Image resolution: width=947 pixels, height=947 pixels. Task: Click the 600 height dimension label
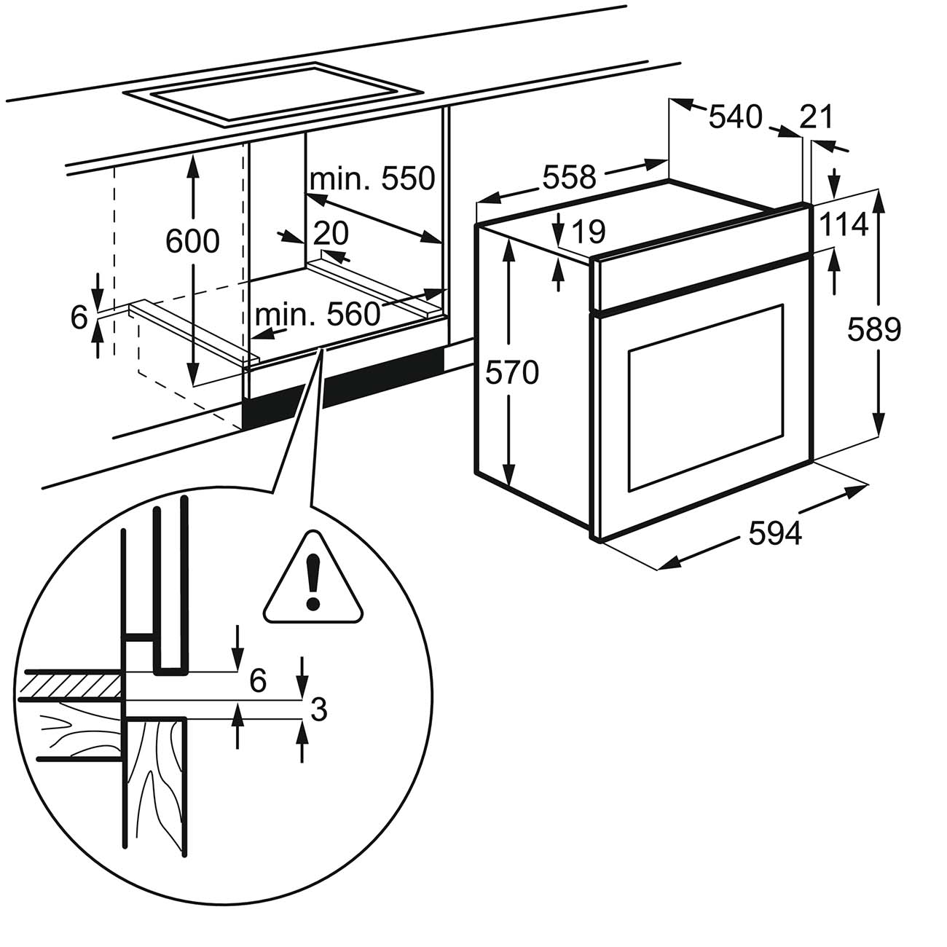pos(192,241)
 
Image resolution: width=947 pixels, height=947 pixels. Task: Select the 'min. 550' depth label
pos(372,178)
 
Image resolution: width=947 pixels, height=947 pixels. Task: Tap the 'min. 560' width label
pos(318,315)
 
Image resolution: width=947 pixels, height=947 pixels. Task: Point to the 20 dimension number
pos(331,233)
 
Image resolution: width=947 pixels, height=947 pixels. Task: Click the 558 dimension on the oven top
pos(568,177)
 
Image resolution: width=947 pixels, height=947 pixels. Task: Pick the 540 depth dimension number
pos(735,116)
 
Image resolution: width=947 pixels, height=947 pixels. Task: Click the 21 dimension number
pos(815,117)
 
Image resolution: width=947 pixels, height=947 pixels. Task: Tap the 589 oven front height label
pos(874,330)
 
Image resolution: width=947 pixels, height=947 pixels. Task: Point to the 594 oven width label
pos(775,534)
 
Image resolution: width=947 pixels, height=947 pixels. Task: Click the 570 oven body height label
pos(512,373)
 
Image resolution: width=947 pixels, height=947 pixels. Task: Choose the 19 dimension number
pos(589,232)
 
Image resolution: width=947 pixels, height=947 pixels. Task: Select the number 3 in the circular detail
pos(318,708)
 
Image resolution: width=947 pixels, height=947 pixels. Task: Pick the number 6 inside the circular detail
pos(257,682)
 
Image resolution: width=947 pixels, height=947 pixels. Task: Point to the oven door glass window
pos(704,397)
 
